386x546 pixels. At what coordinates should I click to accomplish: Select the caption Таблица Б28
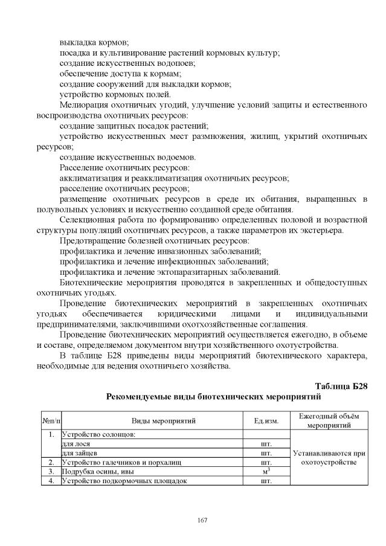click(x=341, y=386)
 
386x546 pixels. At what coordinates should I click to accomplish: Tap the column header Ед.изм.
click(x=266, y=420)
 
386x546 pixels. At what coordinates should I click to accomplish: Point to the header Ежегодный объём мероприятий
click(x=329, y=420)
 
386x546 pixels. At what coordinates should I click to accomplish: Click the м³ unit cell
click(x=266, y=471)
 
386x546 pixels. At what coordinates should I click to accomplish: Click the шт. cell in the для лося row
click(x=266, y=443)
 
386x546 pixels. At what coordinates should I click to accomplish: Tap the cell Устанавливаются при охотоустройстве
click(x=329, y=457)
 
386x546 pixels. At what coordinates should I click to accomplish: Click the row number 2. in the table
click(x=51, y=462)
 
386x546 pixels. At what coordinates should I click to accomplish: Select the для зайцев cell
click(x=79, y=452)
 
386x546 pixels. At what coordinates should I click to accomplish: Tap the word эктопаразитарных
click(x=184, y=272)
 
